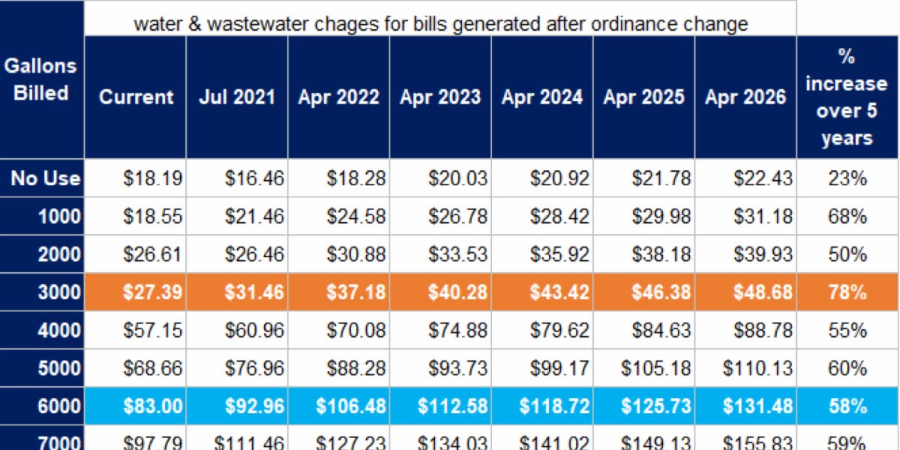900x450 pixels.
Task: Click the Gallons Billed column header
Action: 41,79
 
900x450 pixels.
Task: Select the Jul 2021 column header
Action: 237,97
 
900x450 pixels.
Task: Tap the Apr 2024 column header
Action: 541,97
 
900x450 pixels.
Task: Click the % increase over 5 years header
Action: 846,97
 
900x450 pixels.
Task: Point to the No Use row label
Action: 45,178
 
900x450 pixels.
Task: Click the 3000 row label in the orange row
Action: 58,292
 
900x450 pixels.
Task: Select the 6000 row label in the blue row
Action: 58,406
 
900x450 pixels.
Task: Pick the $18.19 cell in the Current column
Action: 152,178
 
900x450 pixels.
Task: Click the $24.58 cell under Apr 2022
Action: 355,217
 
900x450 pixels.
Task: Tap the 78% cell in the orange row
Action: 847,292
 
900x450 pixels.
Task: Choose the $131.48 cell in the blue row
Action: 757,406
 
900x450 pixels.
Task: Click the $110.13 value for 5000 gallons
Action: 757,368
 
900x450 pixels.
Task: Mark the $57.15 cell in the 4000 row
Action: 152,330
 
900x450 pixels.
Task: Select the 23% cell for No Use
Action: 847,178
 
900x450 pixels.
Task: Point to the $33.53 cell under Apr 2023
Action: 457,254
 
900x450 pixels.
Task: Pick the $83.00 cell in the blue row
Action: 152,406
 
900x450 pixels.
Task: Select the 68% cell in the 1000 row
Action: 847,217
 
